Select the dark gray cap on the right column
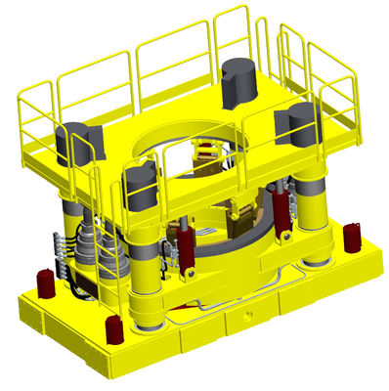point(296,124)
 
